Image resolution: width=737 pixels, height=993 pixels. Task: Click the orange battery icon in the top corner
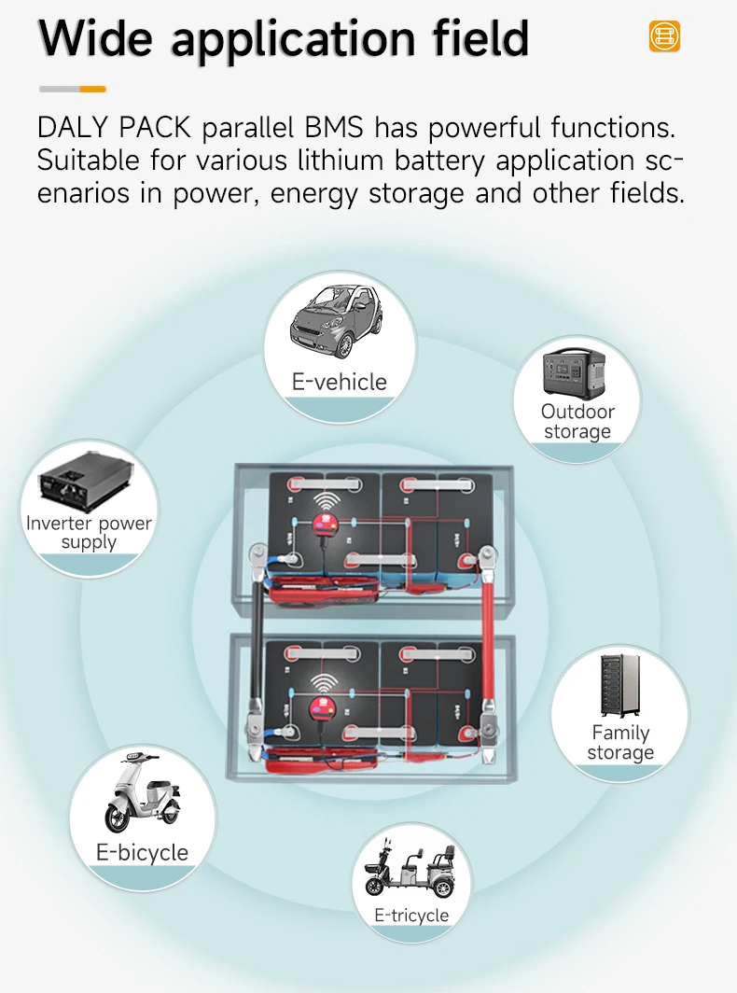[x=664, y=36]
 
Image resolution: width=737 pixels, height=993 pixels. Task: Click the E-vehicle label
[x=339, y=382]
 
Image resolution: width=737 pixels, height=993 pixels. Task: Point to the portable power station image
[x=577, y=373]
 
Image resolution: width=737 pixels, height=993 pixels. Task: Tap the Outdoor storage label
[x=577, y=422]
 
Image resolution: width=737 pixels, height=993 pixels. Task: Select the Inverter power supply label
[x=89, y=532]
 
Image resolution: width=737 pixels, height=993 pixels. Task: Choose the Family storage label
[x=620, y=743]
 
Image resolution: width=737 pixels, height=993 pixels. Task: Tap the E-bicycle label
[x=142, y=852]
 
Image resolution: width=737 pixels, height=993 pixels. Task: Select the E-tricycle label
[x=411, y=916]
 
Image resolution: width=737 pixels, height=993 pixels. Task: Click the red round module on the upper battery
[x=326, y=523]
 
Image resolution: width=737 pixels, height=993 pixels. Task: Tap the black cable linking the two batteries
[x=255, y=653]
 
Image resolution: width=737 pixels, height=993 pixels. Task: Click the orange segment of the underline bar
[x=92, y=89]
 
